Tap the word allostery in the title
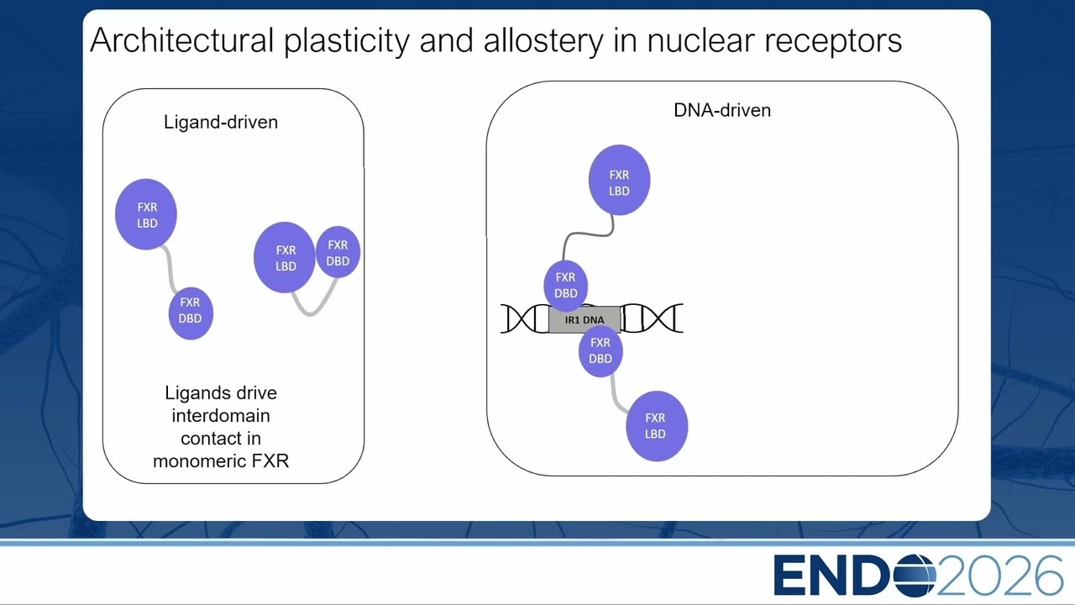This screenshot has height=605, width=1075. tap(543, 41)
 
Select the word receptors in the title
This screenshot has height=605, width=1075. tap(833, 42)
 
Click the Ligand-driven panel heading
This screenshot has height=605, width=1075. tap(221, 122)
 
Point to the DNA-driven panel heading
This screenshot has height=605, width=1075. tap(722, 110)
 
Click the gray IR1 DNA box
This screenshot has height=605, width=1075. tap(585, 320)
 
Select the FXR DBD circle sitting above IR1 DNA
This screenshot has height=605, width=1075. tap(566, 285)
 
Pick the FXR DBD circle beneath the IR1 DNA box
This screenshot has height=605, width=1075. tap(600, 351)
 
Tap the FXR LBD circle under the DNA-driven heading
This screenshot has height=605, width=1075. tap(619, 180)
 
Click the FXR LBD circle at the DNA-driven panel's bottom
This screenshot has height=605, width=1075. tap(657, 426)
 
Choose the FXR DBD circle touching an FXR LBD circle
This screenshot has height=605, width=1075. tap(338, 252)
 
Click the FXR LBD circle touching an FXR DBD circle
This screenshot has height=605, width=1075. tap(285, 257)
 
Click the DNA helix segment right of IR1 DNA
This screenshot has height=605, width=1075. tap(652, 318)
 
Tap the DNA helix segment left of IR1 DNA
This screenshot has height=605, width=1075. tap(525, 318)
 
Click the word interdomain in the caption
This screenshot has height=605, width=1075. tap(221, 415)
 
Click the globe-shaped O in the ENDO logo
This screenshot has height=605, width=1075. tap(915, 576)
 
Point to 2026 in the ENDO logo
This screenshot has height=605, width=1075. tap(1000, 576)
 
